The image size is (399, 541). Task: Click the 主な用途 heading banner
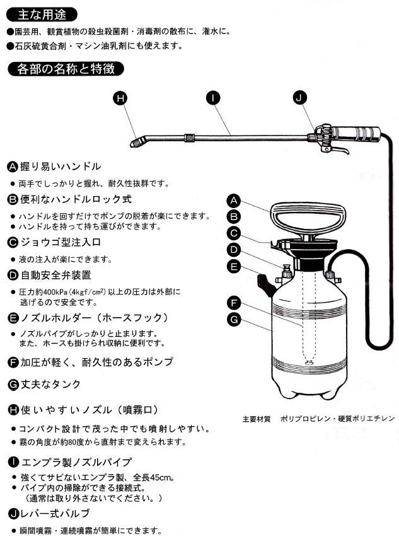tap(42, 14)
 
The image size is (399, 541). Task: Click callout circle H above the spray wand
tap(122, 97)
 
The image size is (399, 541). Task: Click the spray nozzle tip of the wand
tap(136, 144)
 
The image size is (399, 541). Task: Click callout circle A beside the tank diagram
tap(233, 201)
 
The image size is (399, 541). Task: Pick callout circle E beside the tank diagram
tap(233, 267)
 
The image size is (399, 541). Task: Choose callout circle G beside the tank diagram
tap(233, 320)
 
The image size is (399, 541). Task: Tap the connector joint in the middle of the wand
tap(188, 136)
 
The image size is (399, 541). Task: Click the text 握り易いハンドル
tap(60, 166)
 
